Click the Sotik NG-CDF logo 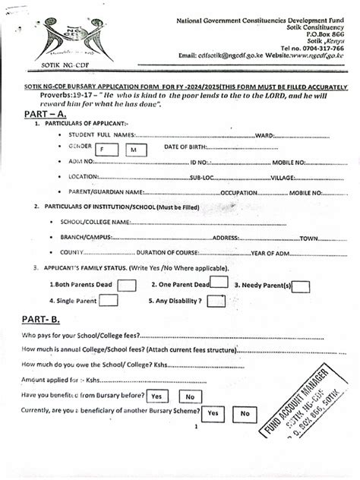(x=46, y=38)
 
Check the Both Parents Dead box (x=127, y=286)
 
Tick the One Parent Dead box (x=219, y=283)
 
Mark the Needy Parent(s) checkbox (x=302, y=286)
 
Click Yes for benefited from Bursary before (x=157, y=396)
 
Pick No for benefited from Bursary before (x=189, y=396)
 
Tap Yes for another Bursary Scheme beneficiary (x=214, y=412)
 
